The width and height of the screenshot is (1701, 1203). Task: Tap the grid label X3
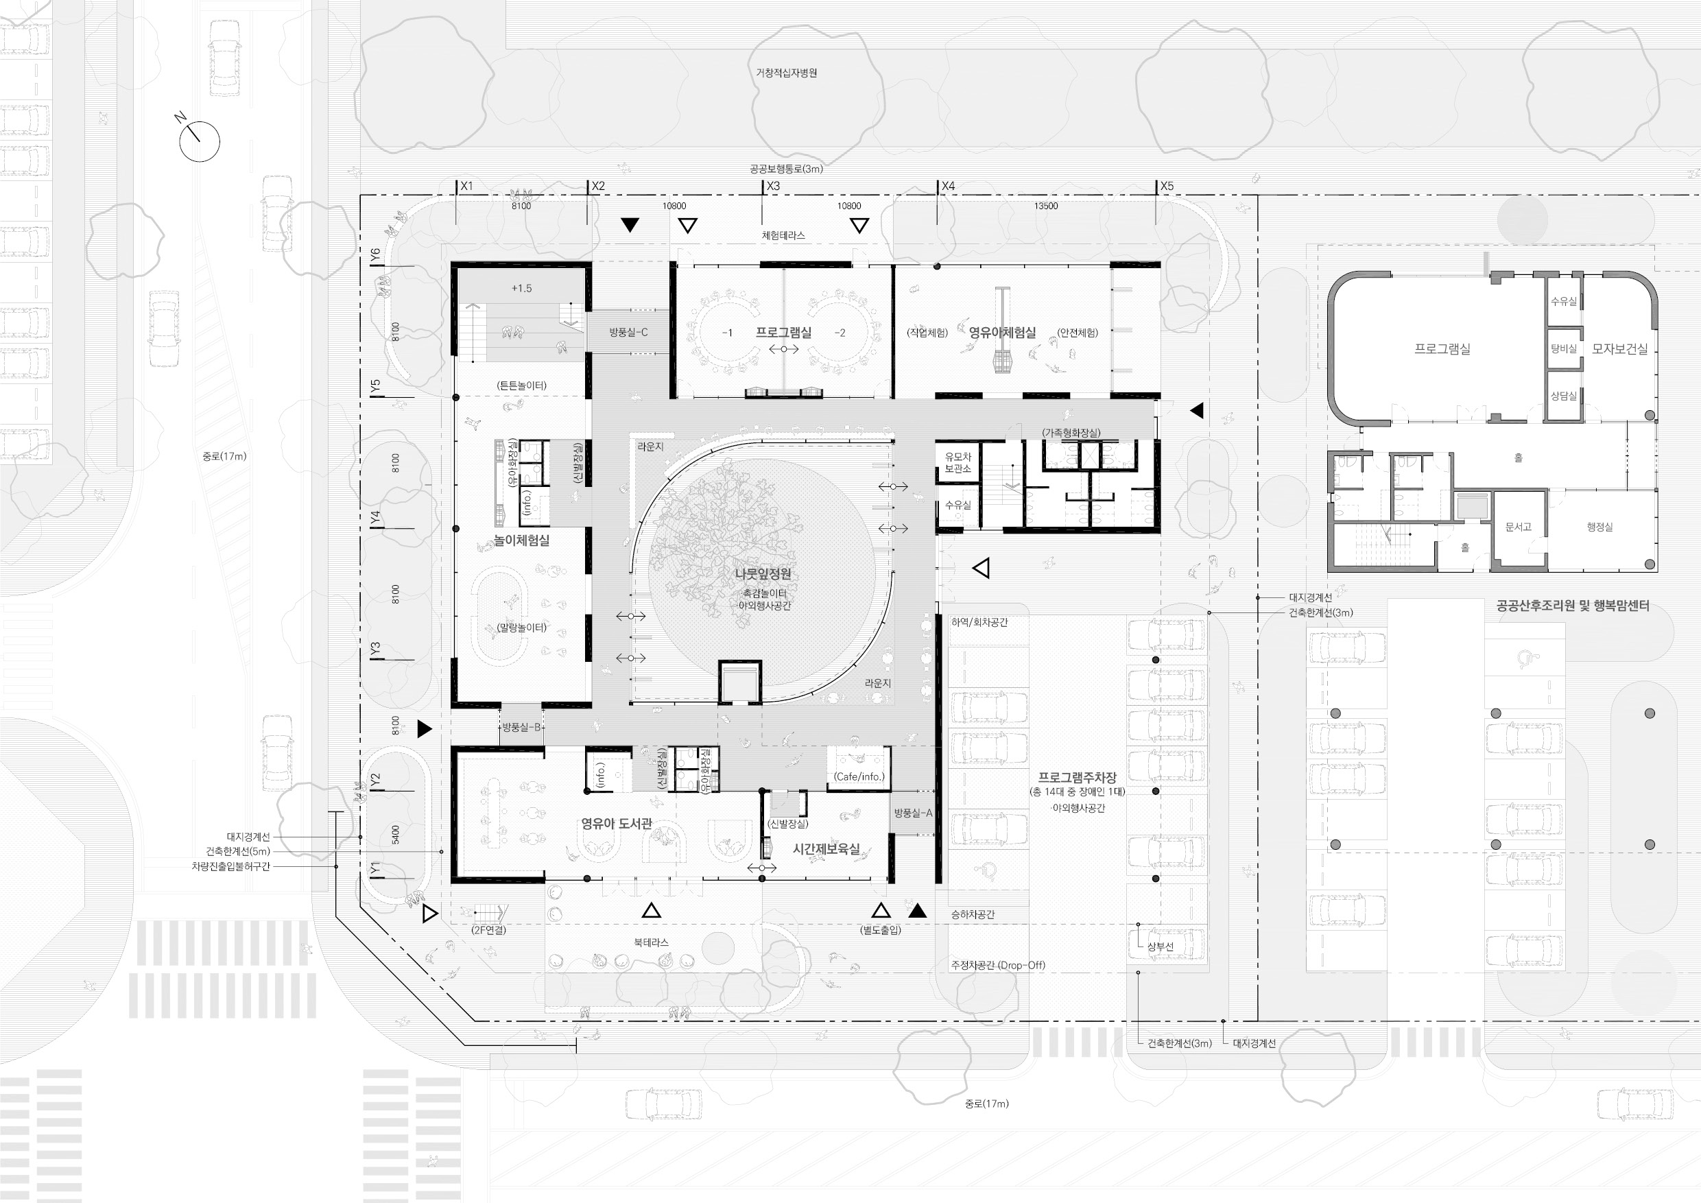(773, 186)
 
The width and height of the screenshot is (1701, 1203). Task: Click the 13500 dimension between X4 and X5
(1045, 206)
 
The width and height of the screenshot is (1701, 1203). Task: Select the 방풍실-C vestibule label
(628, 333)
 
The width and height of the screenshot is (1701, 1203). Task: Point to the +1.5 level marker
(521, 288)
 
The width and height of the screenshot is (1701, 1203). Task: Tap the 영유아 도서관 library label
(617, 823)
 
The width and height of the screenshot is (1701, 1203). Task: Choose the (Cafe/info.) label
(859, 776)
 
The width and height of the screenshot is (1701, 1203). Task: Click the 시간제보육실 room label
(826, 849)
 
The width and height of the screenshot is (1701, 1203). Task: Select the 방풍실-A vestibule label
(913, 813)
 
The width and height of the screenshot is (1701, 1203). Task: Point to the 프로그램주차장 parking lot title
(1078, 777)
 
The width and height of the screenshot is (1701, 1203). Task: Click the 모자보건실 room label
(1619, 348)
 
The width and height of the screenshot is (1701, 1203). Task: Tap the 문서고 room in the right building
(1518, 527)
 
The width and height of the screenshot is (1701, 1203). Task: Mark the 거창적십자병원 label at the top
(786, 73)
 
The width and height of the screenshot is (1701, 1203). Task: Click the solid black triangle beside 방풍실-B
(425, 729)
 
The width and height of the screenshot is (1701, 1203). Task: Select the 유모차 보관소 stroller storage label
(958, 463)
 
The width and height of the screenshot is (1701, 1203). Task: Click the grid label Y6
(375, 253)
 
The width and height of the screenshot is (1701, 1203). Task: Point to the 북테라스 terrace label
(650, 942)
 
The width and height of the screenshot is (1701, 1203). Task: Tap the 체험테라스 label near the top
(783, 235)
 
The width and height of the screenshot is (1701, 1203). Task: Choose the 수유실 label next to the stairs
(957, 505)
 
